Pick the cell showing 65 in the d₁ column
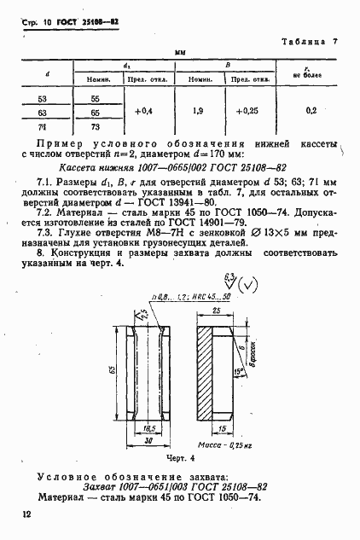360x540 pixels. (x=95, y=112)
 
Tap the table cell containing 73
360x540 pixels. (x=95, y=125)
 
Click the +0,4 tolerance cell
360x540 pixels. (x=143, y=112)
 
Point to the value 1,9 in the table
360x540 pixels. (x=198, y=112)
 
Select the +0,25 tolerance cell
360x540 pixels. (x=247, y=112)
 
